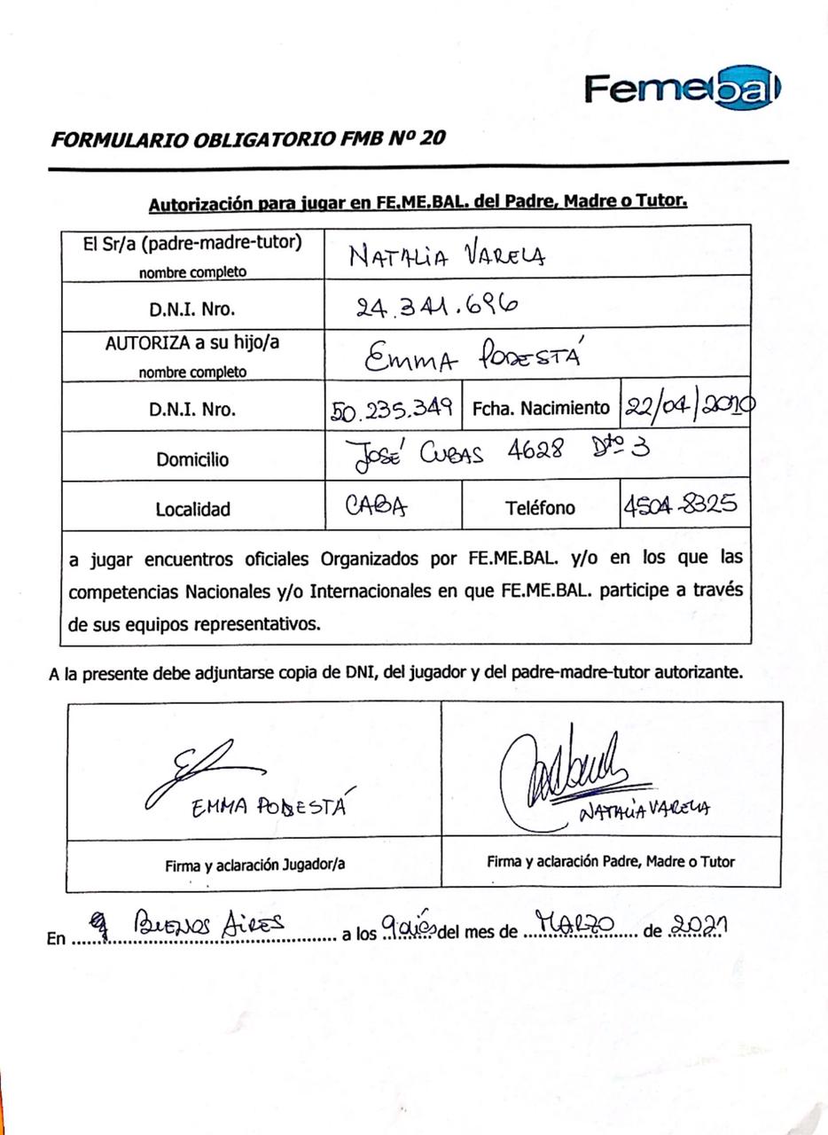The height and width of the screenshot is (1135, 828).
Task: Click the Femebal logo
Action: pos(682,89)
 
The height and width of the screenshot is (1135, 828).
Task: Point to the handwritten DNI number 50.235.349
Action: pos(393,408)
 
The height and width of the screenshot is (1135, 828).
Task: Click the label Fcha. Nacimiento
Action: pos(541,409)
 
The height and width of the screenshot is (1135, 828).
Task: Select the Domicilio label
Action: pos(192,459)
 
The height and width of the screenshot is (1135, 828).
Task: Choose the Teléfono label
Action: pos(540,508)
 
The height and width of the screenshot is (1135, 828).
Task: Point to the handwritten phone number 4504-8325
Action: pos(680,505)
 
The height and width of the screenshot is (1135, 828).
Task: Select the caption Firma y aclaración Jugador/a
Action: pos(254,865)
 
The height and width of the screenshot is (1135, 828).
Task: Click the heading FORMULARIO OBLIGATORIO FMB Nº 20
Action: pos(248,138)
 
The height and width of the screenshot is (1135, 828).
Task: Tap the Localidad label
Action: pos(192,509)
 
